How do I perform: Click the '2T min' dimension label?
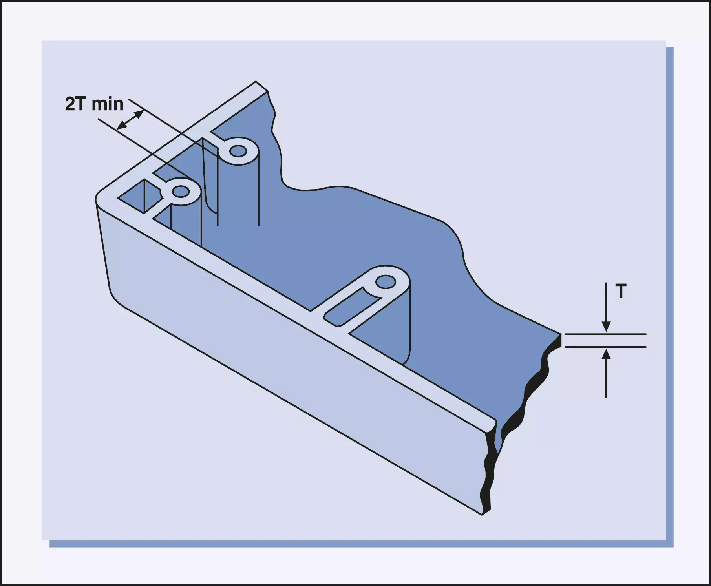94,104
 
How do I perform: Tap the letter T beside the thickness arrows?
621,291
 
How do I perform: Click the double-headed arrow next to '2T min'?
130,120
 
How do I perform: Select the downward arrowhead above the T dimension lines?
606,326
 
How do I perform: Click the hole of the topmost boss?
238,151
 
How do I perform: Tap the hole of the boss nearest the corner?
181,192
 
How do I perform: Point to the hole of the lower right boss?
386,282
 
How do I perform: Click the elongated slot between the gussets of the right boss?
352,308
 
